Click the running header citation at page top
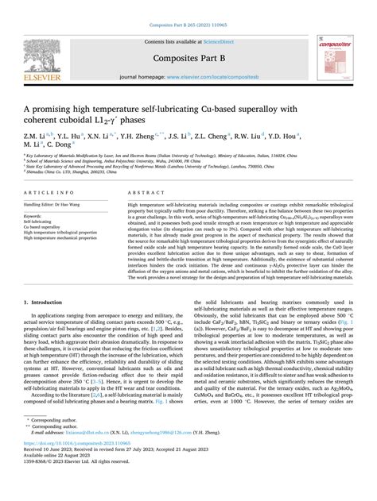coord(188,6)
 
